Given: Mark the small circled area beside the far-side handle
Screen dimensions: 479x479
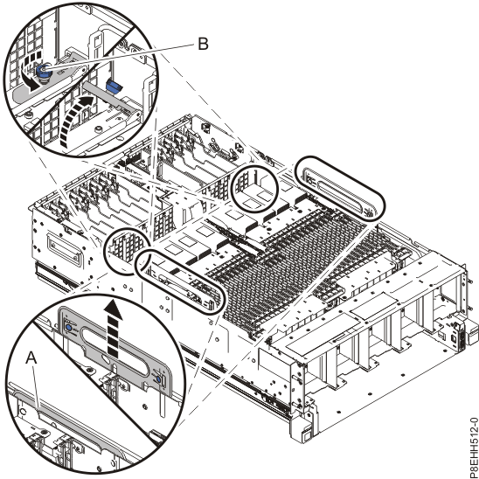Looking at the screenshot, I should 256,189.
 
